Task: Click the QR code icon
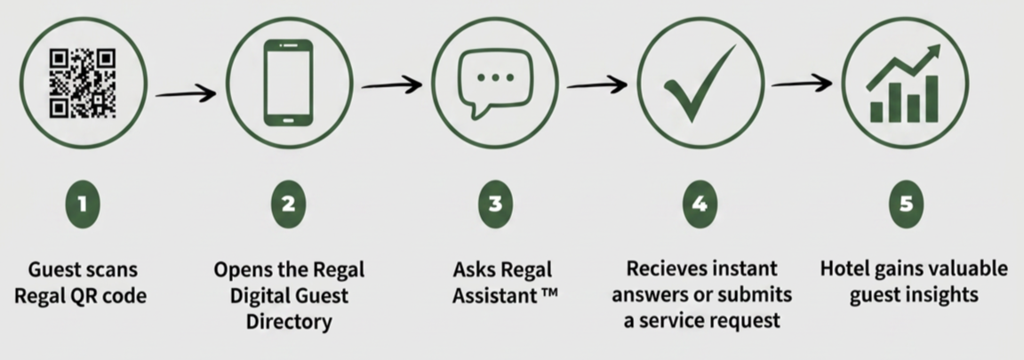point(83,83)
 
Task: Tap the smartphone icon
point(288,83)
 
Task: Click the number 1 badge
point(83,204)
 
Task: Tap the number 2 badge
point(288,204)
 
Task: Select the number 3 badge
point(495,204)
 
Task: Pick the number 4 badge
point(700,204)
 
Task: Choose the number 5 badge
point(906,204)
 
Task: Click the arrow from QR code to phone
point(186,94)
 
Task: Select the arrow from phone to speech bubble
point(391,85)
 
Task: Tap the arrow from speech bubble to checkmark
point(597,84)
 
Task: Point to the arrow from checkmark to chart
point(802,84)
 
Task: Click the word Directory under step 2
point(289,322)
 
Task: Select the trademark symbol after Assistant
point(548,292)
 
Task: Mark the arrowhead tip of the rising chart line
point(940,45)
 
